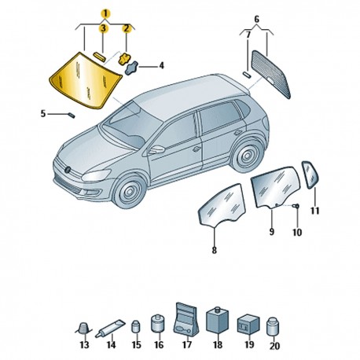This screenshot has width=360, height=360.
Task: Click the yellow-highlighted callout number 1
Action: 105,13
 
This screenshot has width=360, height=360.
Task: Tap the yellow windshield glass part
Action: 85,81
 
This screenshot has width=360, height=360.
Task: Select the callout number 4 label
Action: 162,65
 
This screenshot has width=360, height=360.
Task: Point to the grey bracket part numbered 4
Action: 132,68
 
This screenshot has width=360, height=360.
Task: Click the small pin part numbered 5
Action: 72,116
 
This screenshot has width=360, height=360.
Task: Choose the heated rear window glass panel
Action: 271,75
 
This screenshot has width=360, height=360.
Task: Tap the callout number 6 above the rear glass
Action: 257,19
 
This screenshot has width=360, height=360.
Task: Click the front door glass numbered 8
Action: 222,205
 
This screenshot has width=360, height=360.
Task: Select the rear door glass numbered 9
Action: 276,187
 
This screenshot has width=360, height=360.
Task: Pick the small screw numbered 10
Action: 297,206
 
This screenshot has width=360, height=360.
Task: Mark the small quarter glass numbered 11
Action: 310,174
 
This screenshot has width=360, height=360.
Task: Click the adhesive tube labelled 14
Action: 110,328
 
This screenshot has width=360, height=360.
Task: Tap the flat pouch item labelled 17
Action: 186,319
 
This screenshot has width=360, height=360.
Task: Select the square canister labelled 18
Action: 218,320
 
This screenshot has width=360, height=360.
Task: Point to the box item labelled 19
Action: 248,325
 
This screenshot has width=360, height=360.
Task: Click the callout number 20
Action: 274,346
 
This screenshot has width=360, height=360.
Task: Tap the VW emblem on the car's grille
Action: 68,170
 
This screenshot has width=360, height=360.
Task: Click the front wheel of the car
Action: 129,192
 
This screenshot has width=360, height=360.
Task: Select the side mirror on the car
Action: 156,149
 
